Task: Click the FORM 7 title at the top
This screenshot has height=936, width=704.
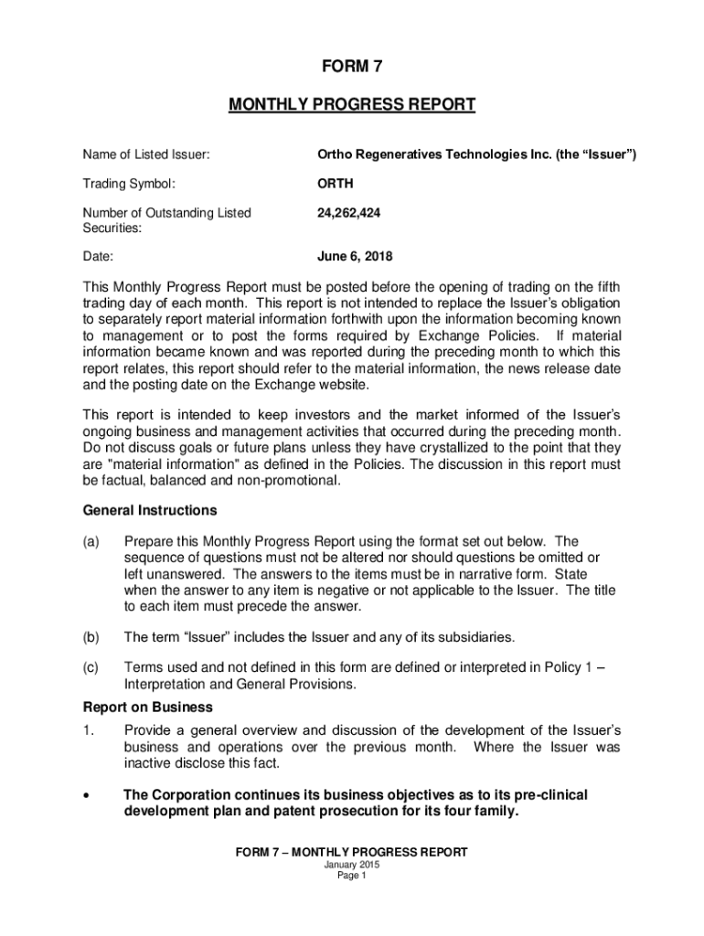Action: click(x=351, y=67)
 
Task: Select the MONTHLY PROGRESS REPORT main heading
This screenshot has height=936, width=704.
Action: click(x=351, y=105)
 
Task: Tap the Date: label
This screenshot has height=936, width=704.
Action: click(x=98, y=257)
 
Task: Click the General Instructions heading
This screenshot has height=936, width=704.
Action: click(x=150, y=510)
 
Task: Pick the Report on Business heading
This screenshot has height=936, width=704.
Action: click(x=148, y=707)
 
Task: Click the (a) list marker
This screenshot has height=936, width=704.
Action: click(x=91, y=541)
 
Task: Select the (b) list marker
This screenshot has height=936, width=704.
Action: click(x=91, y=636)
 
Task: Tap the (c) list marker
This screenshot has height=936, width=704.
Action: click(x=91, y=667)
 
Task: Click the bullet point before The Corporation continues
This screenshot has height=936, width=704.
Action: click(x=87, y=796)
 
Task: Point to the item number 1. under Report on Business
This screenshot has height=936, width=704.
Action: click(x=89, y=730)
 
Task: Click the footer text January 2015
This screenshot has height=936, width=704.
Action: click(x=351, y=865)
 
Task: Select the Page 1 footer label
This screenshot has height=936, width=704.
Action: click(x=351, y=876)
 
